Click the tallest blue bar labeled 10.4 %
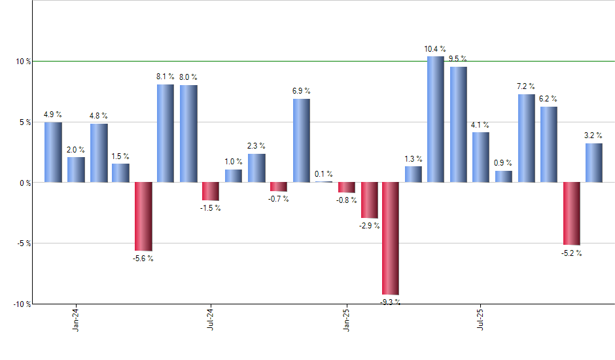click(x=436, y=119)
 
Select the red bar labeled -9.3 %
click(x=391, y=238)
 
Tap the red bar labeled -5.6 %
click(x=143, y=217)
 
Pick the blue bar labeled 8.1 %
click(x=166, y=133)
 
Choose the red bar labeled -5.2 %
click(x=571, y=213)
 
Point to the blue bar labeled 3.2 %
click(x=594, y=162)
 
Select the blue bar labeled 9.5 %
click(x=458, y=124)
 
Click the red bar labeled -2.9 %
click(x=369, y=200)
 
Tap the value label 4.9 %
click(x=53, y=115)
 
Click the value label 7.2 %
click(x=526, y=86)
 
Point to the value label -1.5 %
click(x=211, y=208)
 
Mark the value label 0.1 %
click(x=323, y=174)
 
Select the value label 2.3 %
click(x=256, y=146)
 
